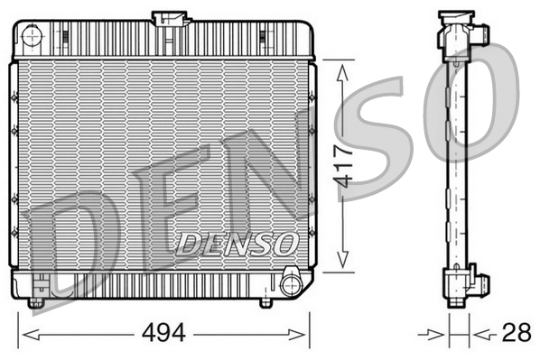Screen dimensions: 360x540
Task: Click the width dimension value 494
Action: pos(163,333)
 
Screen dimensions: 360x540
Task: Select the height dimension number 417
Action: pos(340,166)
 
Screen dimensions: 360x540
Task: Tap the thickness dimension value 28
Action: pos(516,333)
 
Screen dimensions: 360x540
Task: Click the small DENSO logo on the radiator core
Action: pos(237,242)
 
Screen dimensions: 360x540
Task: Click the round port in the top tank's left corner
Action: pos(32,37)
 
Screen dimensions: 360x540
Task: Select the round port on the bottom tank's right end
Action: pos(291,285)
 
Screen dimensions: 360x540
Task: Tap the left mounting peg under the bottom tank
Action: pos(35,301)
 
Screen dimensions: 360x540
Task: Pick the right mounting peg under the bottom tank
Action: pos(265,301)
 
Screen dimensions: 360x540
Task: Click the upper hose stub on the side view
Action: pos(479,35)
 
